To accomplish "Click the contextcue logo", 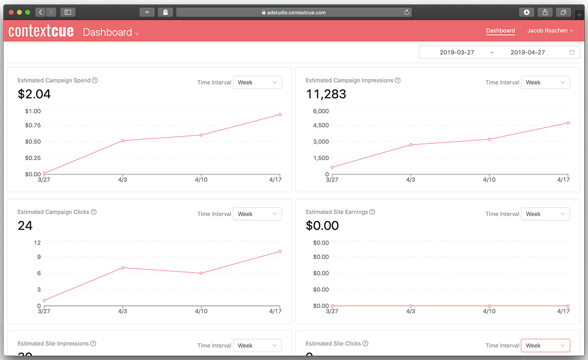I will click(41, 31).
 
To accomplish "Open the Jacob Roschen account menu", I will click(550, 31).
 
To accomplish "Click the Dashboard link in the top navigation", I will click(500, 31).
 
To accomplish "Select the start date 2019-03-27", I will click(457, 52).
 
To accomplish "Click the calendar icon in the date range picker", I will click(572, 52).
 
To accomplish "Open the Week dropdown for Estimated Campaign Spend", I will click(257, 82).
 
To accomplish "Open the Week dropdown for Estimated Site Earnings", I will click(545, 214).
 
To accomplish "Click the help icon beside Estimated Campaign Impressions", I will click(397, 81).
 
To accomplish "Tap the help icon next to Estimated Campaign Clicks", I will click(94, 212).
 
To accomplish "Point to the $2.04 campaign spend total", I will click(34, 94).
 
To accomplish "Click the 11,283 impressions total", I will click(326, 94).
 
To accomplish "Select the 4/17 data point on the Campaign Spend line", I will click(280, 114).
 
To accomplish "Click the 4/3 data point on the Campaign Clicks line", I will click(122, 267).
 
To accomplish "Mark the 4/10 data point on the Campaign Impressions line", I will click(489, 139).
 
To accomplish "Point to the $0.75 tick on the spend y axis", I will click(33, 125).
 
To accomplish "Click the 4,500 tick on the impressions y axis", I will click(321, 125).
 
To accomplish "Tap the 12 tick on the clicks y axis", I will click(37, 242).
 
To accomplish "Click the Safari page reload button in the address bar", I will click(407, 12).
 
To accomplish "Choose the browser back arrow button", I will click(40, 12).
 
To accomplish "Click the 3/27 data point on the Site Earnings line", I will click(332, 306).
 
